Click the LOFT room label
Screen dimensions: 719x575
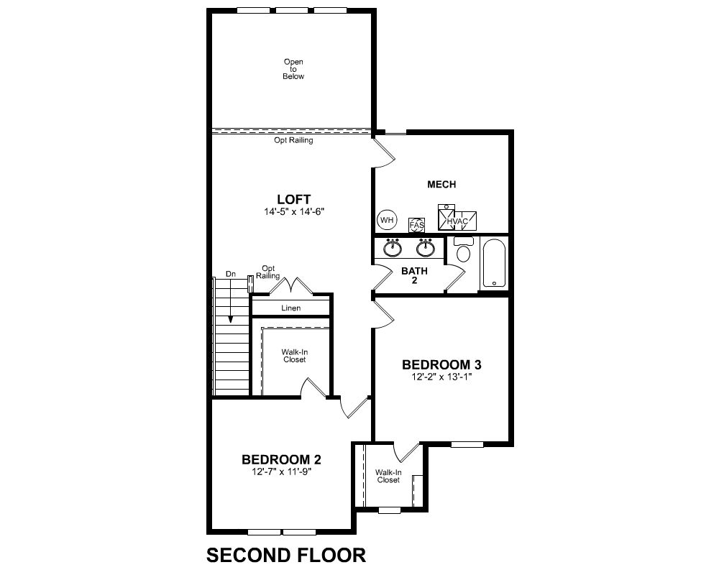[x=293, y=200]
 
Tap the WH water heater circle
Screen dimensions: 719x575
[x=387, y=220]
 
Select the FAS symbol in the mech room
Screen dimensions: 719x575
[x=417, y=225]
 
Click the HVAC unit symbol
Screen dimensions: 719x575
[x=457, y=218]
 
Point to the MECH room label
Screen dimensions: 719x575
[x=441, y=184]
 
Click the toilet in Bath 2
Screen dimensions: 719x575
[x=464, y=249]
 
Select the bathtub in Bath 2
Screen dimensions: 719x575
[x=494, y=263]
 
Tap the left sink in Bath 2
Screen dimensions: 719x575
[x=393, y=247]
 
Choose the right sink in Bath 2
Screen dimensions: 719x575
[x=426, y=247]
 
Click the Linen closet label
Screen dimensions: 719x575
[x=290, y=308]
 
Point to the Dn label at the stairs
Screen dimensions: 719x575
[x=231, y=274]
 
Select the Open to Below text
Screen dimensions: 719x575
[x=293, y=69]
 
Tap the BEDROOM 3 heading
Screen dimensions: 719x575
[x=441, y=365]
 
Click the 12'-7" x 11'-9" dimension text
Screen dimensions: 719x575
[x=282, y=471]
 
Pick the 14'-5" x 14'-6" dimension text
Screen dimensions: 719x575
[x=294, y=212]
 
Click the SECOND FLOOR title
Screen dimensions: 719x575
[x=286, y=556]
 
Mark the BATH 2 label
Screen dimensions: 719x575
[x=415, y=275]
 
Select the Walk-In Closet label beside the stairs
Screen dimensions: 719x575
[x=294, y=356]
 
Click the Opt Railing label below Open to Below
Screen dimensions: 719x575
[x=293, y=140]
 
